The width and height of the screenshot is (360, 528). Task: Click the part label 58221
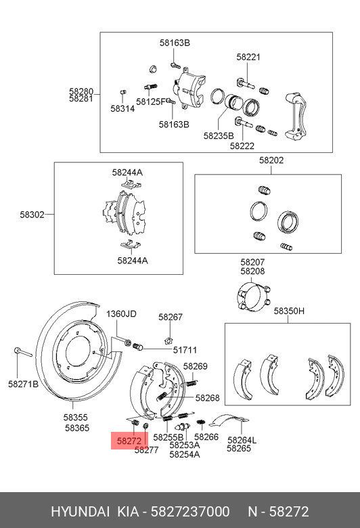tap(248, 57)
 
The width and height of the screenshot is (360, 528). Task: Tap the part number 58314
tap(122, 109)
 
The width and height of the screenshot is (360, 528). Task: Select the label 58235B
tap(219, 135)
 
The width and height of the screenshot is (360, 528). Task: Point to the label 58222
tap(242, 146)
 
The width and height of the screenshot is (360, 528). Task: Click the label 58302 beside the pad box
tap(32, 215)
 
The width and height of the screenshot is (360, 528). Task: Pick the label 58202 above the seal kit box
tap(271, 160)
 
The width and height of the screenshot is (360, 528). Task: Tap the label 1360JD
tap(121, 314)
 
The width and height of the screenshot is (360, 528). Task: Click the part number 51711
tap(185, 350)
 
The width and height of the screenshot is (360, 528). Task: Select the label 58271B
tap(23, 384)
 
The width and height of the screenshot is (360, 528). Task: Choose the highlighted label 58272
tap(129, 441)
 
